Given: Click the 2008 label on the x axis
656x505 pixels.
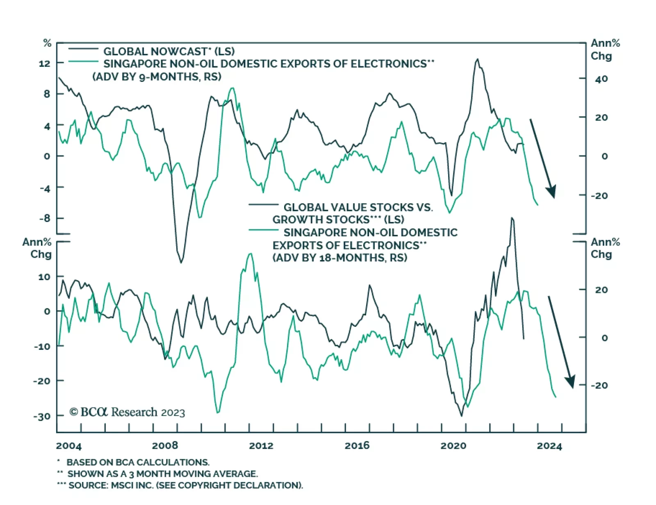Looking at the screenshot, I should [165, 446].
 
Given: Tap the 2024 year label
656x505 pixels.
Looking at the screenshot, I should [549, 446].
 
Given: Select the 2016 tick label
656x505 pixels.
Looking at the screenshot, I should [357, 446].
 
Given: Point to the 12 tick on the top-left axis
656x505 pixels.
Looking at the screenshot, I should [44, 63].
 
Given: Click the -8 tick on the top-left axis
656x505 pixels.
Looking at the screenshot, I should [44, 218].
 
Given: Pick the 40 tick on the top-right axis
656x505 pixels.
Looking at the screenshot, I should [601, 79].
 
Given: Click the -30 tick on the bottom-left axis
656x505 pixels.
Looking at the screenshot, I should [41, 416].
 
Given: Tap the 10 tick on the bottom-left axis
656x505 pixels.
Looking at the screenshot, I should [44, 277].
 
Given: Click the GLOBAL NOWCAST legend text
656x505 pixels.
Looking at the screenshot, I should [169, 52].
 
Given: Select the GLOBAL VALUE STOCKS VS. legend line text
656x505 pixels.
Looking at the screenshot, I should [358, 207].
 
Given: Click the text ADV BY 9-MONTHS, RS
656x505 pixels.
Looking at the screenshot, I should [157, 77].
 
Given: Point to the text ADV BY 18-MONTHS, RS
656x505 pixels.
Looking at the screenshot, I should [340, 258].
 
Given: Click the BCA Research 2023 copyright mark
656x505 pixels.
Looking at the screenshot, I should [127, 412].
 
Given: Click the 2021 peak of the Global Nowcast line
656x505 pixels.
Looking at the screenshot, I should [477, 59].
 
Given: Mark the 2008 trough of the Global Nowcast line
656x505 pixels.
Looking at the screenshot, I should [181, 262].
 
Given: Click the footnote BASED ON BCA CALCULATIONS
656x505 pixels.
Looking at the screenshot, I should [138, 462].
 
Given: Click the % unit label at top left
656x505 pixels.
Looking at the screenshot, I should [48, 43].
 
